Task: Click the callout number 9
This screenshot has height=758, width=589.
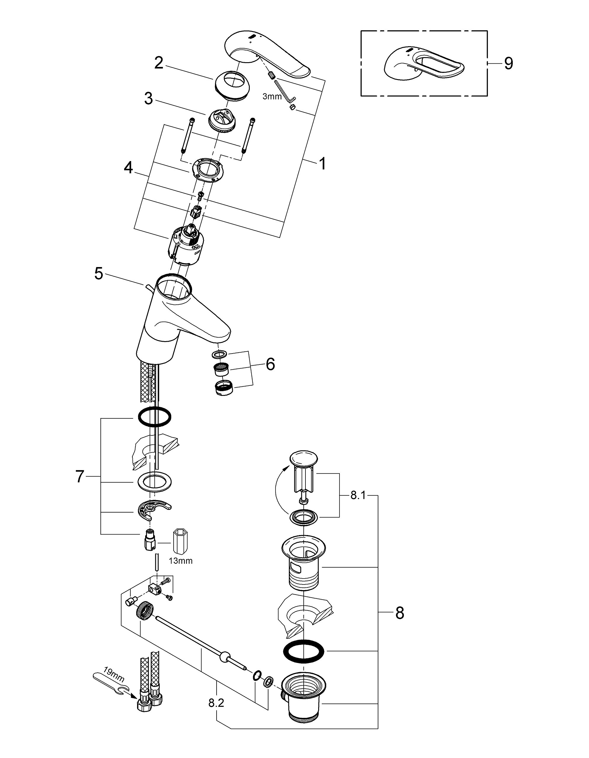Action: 508,64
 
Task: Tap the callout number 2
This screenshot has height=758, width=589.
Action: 159,63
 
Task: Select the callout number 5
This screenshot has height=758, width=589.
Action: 99,274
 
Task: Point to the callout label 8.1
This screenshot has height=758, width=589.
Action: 358,495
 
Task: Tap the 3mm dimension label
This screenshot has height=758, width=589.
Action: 272,97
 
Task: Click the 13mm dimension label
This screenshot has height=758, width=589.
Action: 180,561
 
